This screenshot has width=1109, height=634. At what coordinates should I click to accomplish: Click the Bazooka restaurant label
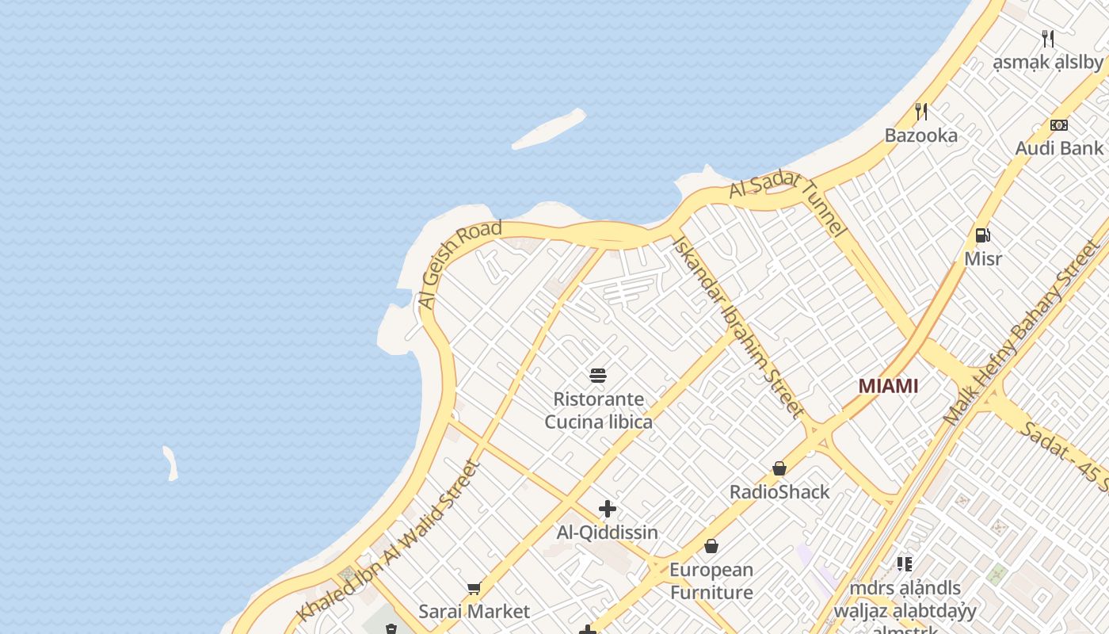tap(920, 135)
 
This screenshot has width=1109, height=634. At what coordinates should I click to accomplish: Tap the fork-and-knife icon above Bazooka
tap(920, 112)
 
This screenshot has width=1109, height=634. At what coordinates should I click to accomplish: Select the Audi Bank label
tap(1059, 147)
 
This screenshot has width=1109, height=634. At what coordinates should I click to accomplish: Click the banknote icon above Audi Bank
tap(1059, 125)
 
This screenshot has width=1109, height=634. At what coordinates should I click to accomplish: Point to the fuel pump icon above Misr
tap(982, 235)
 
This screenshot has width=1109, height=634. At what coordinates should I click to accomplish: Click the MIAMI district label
tap(888, 386)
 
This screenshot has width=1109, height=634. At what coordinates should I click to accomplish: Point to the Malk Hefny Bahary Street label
tap(1021, 333)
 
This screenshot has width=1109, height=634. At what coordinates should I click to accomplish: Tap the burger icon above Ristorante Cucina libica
tap(598, 375)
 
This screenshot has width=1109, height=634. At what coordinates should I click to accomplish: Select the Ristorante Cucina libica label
tap(598, 410)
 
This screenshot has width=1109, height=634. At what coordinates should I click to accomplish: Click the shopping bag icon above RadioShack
tap(779, 468)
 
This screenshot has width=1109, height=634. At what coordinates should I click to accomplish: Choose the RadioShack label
tap(779, 491)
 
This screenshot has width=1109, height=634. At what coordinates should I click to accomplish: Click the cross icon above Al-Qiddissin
tap(608, 509)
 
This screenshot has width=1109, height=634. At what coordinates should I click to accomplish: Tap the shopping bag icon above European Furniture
tap(711, 546)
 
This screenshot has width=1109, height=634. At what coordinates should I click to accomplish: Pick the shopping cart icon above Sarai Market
tap(474, 588)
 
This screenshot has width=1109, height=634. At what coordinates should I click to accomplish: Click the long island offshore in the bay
tap(549, 129)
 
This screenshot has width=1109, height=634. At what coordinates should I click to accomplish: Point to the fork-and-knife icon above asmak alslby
tap(1048, 38)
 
